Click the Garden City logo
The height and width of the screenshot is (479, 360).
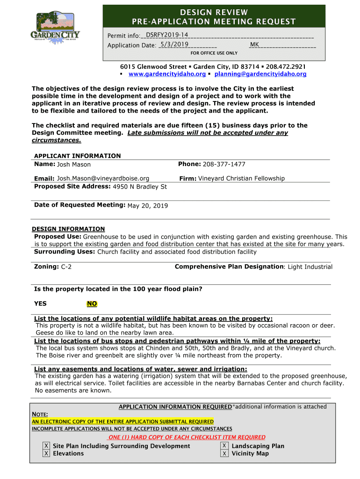(55, 28)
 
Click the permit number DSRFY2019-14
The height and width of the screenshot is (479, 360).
(167, 35)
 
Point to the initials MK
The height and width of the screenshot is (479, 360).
(254, 44)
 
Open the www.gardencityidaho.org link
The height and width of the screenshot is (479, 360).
(167, 74)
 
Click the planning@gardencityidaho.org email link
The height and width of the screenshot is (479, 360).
(260, 74)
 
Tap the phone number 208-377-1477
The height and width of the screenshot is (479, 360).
(224, 164)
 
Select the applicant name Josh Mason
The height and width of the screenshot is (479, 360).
(74, 165)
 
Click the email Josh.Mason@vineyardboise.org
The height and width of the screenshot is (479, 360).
(103, 178)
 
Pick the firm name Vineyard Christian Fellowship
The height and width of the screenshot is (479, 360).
(241, 178)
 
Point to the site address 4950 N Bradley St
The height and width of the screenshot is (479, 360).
(140, 187)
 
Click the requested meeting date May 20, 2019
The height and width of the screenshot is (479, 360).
(147, 206)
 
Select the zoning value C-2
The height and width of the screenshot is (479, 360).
(66, 267)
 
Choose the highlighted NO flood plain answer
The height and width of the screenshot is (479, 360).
(92, 304)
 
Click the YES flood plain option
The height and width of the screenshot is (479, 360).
(40, 304)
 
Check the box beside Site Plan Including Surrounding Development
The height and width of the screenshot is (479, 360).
(46, 446)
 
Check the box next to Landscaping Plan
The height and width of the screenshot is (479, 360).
(225, 446)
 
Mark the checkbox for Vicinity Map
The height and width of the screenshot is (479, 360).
(225, 453)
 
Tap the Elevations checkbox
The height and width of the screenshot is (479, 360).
(46, 453)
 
